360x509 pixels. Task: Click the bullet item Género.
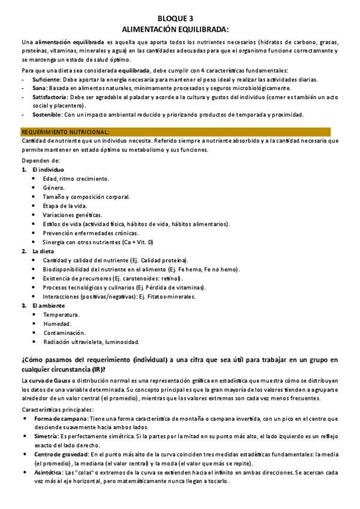(x=54, y=188)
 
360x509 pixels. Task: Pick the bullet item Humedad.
(x=57, y=324)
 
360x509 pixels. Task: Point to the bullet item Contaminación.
(x=64, y=333)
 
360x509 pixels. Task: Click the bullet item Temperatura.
(x=61, y=315)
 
